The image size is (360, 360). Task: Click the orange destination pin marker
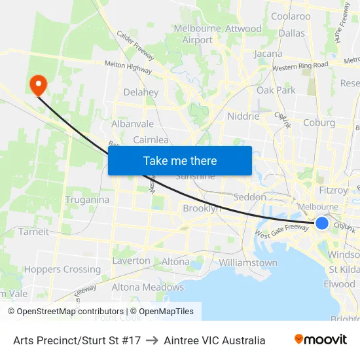point(38,84)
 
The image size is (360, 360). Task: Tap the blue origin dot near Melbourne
point(322,223)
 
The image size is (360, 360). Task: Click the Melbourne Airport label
point(197,34)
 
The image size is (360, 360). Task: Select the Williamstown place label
point(248,262)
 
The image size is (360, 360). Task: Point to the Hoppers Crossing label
point(62,269)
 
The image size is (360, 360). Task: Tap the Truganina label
point(86,199)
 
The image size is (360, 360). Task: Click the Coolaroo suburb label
point(291,16)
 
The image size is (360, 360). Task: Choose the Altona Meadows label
point(147,287)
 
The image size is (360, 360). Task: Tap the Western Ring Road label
point(300,66)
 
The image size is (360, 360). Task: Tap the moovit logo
point(321,340)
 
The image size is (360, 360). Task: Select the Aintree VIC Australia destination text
point(215,340)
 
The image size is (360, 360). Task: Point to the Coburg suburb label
point(319,122)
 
